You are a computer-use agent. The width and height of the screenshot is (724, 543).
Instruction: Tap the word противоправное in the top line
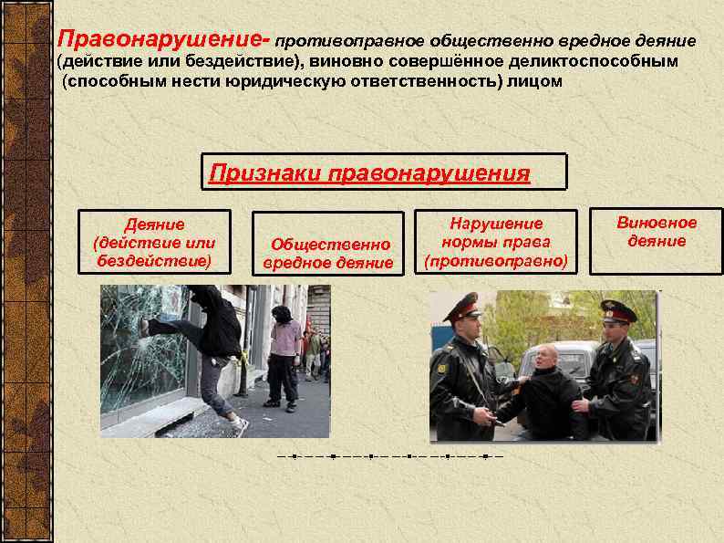(336, 42)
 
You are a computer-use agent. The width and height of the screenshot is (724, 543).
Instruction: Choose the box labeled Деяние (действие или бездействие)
(154, 242)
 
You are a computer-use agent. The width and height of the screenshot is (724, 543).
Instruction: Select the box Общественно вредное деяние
(328, 244)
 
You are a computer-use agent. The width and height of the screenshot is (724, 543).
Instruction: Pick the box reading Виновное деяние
(657, 243)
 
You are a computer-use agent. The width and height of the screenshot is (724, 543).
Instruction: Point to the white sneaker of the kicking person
(241, 425)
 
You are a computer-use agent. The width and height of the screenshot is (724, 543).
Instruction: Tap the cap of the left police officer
(462, 308)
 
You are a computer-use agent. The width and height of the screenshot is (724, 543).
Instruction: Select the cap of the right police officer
(617, 310)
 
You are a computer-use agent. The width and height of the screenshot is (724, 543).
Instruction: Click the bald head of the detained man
(544, 356)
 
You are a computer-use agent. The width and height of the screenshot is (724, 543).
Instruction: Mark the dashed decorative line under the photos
(389, 454)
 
